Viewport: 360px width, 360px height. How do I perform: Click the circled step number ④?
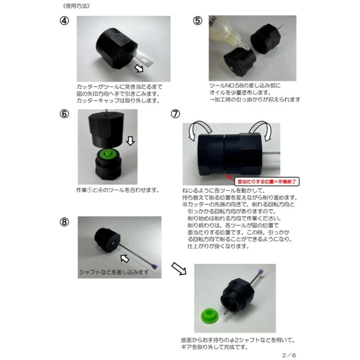point(64,22)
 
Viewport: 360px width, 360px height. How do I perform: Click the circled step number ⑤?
point(198,22)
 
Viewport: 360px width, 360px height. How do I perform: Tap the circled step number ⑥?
point(64,115)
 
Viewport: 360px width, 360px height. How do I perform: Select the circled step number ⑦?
point(176,115)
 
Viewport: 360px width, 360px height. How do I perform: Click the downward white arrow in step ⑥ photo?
point(130,141)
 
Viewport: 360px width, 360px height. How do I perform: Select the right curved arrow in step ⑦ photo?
point(260,128)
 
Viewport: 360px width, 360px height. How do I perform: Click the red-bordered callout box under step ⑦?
point(267,182)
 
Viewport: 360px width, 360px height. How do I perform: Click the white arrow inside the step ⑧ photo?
point(125,257)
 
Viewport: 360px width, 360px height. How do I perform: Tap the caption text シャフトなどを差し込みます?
point(114,272)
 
